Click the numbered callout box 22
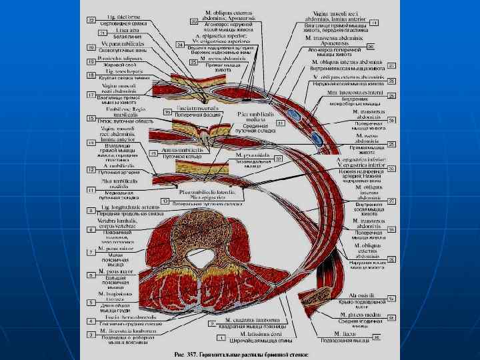tap(91, 21)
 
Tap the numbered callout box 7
tap(91, 252)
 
